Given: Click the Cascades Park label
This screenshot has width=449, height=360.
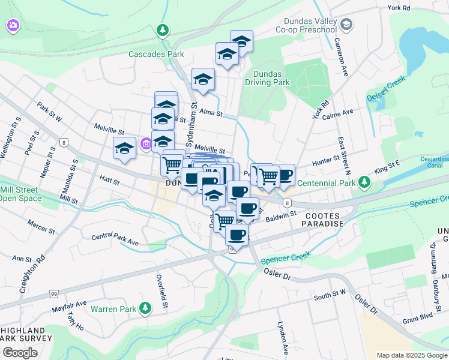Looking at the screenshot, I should point(156,54).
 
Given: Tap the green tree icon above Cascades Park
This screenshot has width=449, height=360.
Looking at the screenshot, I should point(162,29).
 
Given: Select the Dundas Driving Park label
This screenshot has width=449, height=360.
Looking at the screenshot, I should point(267,77).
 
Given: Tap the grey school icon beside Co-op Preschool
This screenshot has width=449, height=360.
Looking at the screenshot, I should point(346,24).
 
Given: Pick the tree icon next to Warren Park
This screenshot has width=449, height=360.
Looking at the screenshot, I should point(144,308).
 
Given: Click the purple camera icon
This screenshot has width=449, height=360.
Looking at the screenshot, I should point(13,26).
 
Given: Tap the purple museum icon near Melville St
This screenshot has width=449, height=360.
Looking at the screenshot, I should point(146,144).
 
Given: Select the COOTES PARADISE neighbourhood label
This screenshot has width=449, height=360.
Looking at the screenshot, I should point(324,219).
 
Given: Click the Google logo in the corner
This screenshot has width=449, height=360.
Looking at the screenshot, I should point(20,352).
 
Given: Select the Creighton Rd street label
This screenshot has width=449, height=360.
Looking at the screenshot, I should point(40,274).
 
